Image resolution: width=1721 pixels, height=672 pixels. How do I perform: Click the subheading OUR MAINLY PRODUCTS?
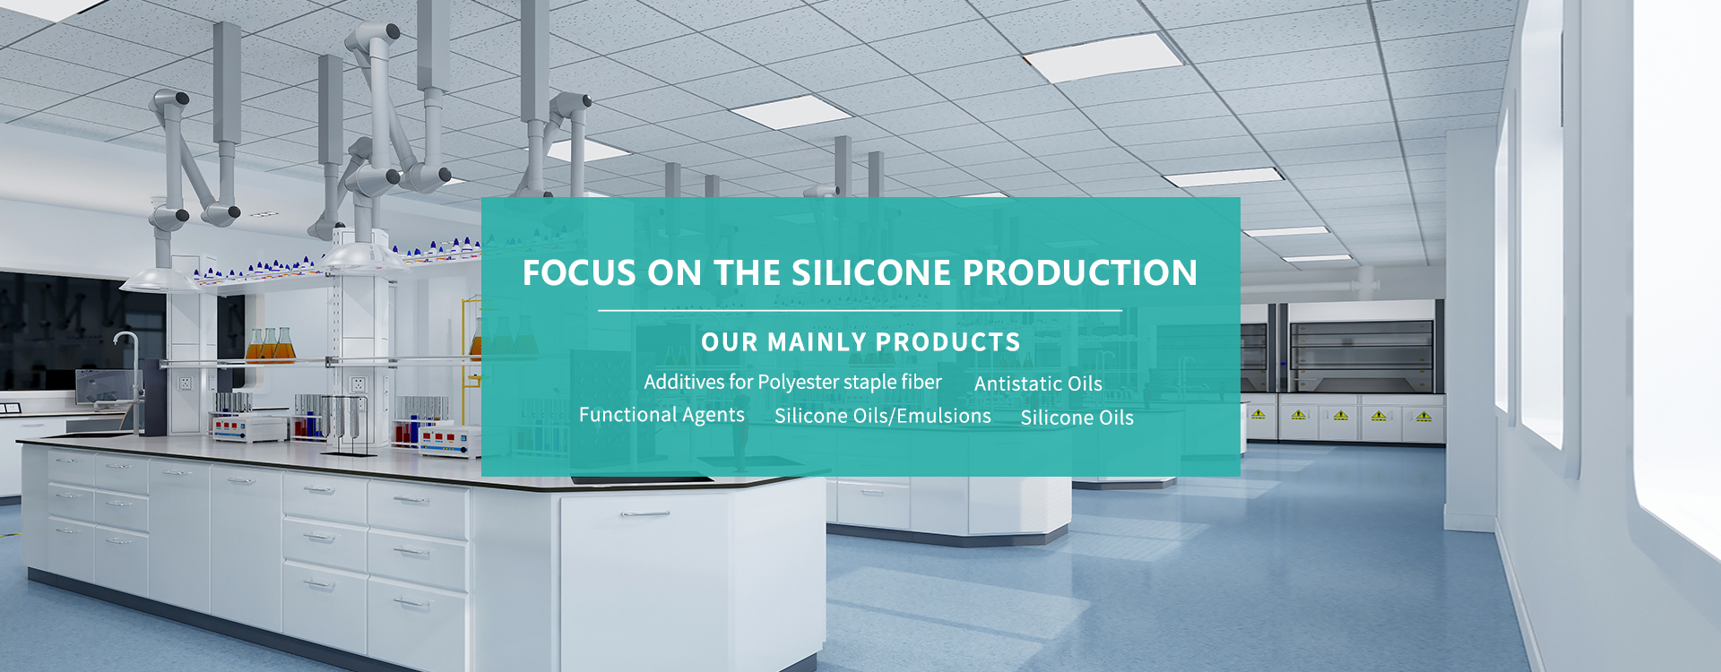point(860,342)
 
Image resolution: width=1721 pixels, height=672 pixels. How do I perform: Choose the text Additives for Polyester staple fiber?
point(792,383)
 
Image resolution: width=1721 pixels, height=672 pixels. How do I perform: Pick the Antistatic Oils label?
point(1038,383)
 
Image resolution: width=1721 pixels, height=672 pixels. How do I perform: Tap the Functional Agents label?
point(662,415)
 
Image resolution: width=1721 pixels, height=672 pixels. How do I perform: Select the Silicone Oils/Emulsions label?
point(883,416)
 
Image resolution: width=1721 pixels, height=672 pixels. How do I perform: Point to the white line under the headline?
point(860,311)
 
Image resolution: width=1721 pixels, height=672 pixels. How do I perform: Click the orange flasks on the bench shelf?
point(270,345)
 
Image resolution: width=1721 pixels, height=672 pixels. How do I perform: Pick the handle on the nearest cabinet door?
point(645,514)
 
